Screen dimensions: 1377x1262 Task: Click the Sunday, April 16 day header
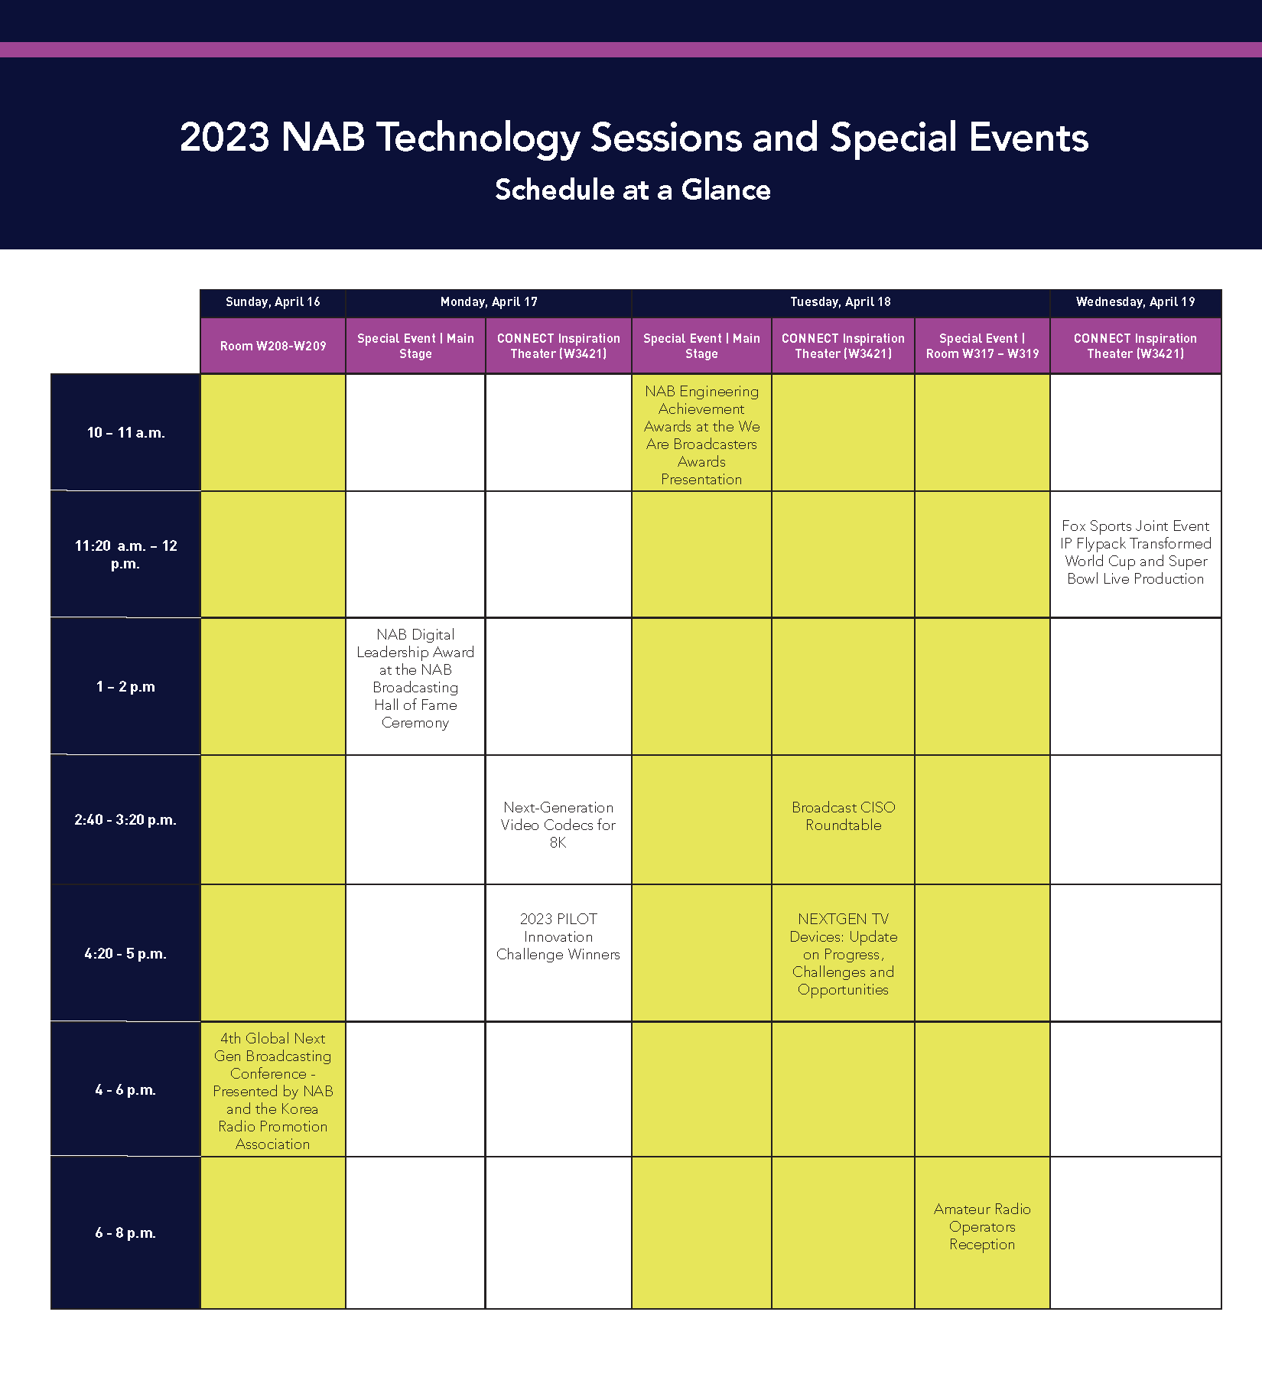pyautogui.click(x=272, y=302)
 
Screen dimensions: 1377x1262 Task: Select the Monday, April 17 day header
pyautogui.click(x=489, y=302)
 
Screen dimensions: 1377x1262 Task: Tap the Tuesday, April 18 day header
pyautogui.click(x=841, y=302)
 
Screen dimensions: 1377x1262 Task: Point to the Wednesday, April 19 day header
pyautogui.click(x=1135, y=302)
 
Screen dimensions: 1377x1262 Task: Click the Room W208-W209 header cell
pyautogui.click(x=272, y=346)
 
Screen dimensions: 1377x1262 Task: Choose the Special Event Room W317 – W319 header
pyautogui.click(x=982, y=346)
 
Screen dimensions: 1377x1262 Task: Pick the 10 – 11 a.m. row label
pyautogui.click(x=125, y=433)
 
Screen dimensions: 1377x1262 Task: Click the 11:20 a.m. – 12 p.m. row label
pyautogui.click(x=125, y=555)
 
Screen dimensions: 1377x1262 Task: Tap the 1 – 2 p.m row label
pyautogui.click(x=125, y=687)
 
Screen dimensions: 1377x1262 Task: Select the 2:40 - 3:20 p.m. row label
pyautogui.click(x=125, y=820)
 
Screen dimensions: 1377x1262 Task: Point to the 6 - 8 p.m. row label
pyautogui.click(x=125, y=1233)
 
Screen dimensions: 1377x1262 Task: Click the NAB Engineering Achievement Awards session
pyautogui.click(x=701, y=435)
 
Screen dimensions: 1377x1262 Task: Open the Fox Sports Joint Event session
pyautogui.click(x=1135, y=552)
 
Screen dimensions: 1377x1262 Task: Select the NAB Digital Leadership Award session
pyautogui.click(x=415, y=679)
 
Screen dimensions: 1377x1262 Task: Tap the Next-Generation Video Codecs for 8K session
pyautogui.click(x=558, y=825)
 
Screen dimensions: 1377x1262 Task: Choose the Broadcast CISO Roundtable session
pyautogui.click(x=843, y=816)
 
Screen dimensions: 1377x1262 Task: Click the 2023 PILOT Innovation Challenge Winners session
pyautogui.click(x=558, y=936)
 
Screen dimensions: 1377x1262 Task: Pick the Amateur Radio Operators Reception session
pyautogui.click(x=982, y=1226)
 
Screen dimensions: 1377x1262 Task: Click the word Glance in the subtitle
pyautogui.click(x=726, y=190)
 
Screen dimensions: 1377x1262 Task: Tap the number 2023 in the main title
pyautogui.click(x=225, y=138)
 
